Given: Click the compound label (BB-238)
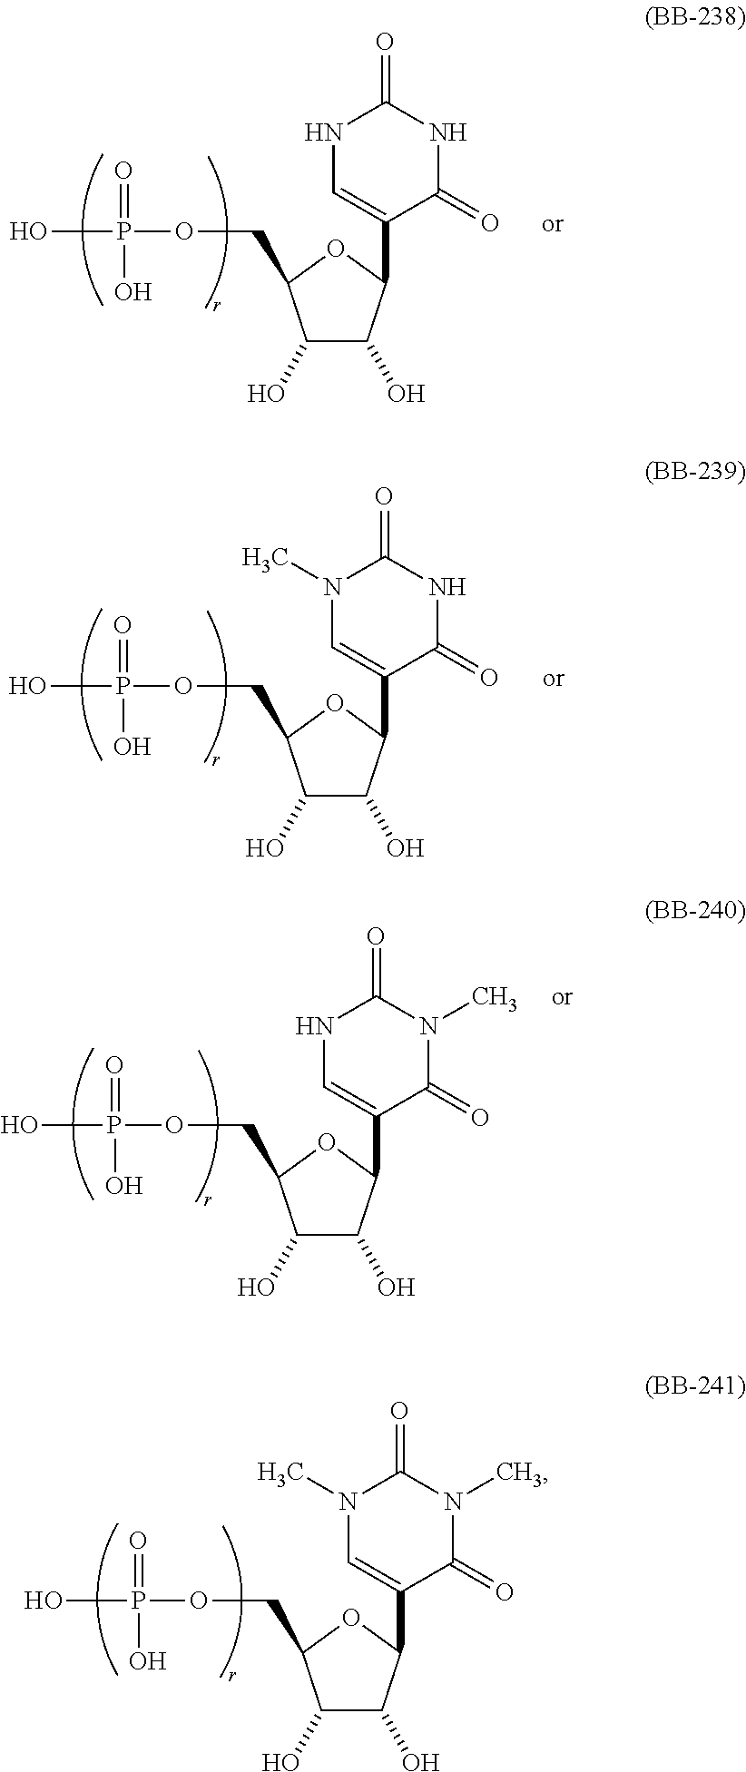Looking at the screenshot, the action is [x=693, y=19].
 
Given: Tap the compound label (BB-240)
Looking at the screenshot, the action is [x=693, y=912].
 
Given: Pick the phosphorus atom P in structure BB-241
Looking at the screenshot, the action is [x=139, y=1601].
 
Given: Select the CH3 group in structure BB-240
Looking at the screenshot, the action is [x=495, y=999].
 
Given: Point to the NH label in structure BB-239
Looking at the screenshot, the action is [x=448, y=587].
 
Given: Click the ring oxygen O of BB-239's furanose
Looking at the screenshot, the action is [x=335, y=702].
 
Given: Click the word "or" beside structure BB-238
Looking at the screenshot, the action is [x=553, y=224].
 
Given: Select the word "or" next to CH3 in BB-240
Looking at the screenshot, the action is [x=562, y=998].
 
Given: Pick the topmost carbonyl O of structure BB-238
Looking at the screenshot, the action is [x=384, y=42].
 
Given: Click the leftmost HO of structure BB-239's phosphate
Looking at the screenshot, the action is [x=27, y=687].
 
